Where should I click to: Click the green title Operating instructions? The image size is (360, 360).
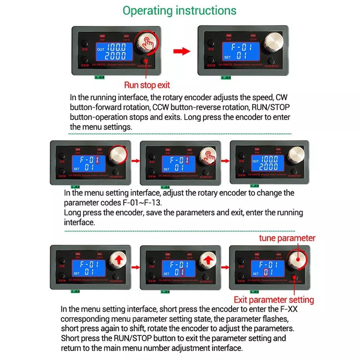pos(179,10)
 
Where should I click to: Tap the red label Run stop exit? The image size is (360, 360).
pos(147,85)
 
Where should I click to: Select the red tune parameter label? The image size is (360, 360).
pos(287,238)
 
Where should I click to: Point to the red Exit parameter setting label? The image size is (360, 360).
pos(274,300)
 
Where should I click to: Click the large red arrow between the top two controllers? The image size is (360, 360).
pos(181,51)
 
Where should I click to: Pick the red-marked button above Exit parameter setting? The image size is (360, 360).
pos(295,277)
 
